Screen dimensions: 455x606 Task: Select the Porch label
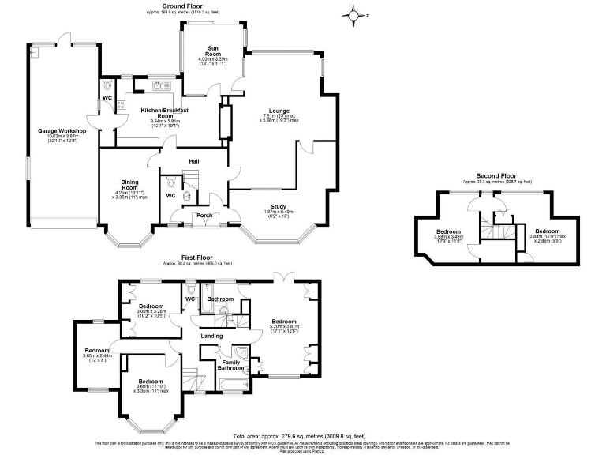click(x=204, y=215)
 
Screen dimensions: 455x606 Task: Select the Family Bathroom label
click(x=230, y=365)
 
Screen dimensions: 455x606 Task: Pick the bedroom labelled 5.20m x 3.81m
click(x=283, y=322)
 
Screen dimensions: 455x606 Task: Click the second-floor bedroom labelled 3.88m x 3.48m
click(x=448, y=231)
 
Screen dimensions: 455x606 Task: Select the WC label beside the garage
click(x=107, y=99)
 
